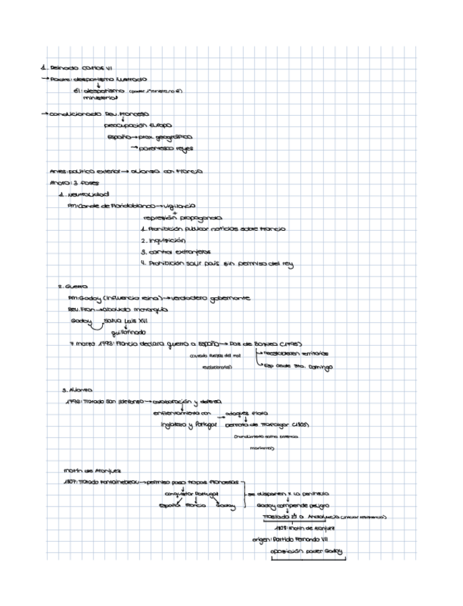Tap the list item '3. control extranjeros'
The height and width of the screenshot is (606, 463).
181,252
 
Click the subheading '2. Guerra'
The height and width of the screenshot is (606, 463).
71,287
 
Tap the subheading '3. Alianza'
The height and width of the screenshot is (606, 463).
77,390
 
